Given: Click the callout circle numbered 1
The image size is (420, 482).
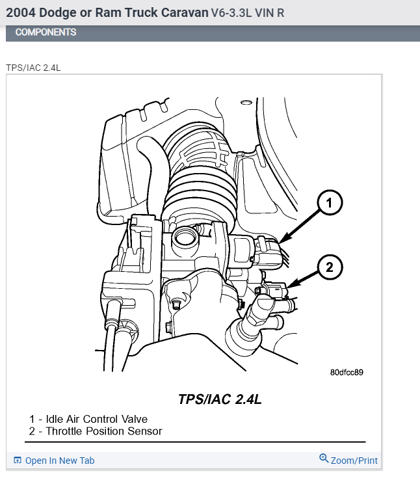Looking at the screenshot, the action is (x=330, y=204).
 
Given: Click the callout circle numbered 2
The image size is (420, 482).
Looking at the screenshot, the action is (x=330, y=266).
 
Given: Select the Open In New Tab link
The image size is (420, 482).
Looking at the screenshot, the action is (x=60, y=461).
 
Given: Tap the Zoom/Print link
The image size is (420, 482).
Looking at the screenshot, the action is (x=354, y=461).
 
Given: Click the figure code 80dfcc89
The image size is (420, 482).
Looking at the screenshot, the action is (x=346, y=373).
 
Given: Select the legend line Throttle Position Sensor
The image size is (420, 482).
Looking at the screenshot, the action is (x=95, y=431).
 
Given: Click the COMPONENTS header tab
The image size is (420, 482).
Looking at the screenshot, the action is (x=46, y=32).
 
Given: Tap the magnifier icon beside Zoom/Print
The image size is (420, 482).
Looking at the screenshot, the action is (x=324, y=459).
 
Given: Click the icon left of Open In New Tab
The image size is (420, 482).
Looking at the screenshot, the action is (x=18, y=461).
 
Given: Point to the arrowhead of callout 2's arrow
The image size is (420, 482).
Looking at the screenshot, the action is (x=291, y=287).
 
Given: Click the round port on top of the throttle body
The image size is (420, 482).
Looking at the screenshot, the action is (x=185, y=236).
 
